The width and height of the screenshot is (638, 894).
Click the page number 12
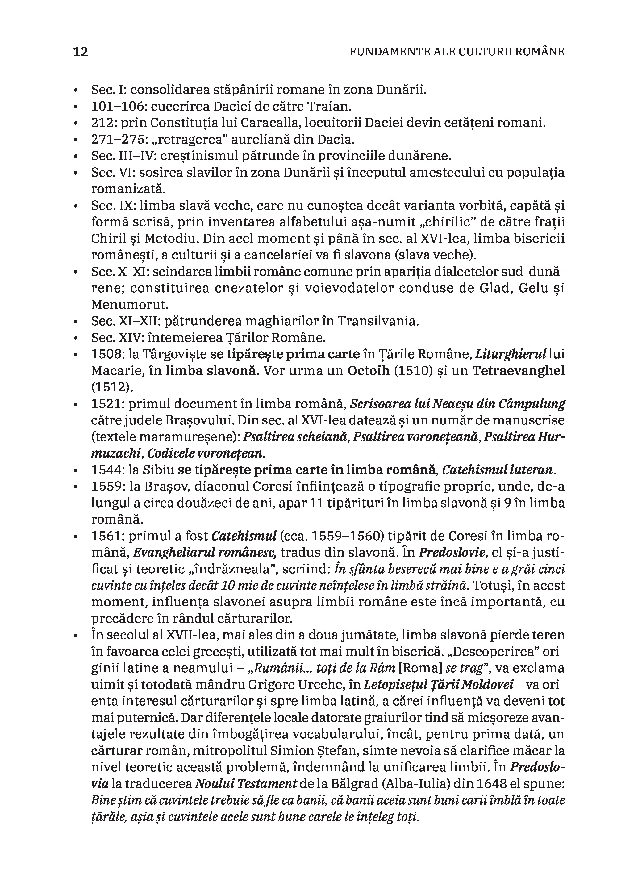point(81,52)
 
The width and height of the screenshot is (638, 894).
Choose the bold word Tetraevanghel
point(518,371)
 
